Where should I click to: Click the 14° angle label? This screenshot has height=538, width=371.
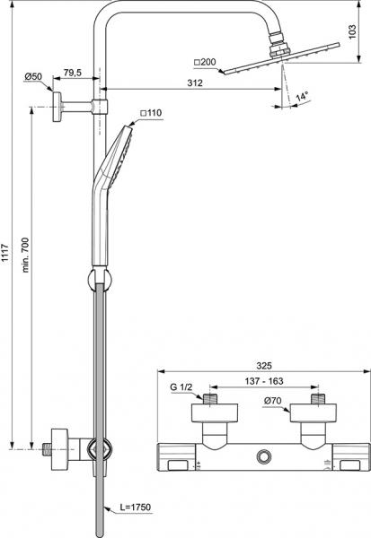[x=305, y=95]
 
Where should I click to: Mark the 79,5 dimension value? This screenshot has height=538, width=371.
[x=75, y=72]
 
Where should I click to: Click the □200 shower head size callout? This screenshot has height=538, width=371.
[x=205, y=63]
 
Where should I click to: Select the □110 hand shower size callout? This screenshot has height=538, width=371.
[x=151, y=114]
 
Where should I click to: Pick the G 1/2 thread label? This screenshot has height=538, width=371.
[x=182, y=386]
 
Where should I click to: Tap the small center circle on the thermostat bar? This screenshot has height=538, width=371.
[x=262, y=457]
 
